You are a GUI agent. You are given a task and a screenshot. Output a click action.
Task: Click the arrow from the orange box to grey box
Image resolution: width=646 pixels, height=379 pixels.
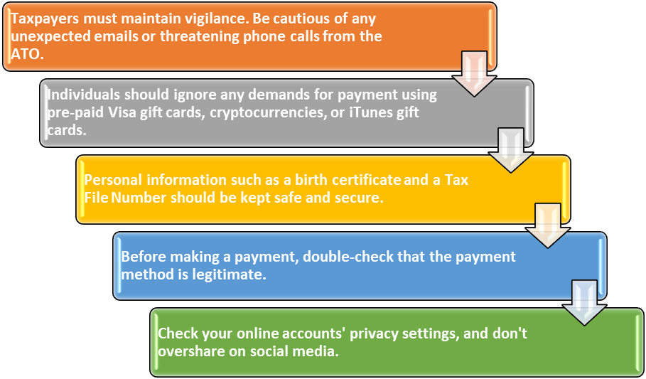click(474, 74)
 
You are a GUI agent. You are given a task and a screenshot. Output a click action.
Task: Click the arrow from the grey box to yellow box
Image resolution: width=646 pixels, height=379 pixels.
click(510, 150)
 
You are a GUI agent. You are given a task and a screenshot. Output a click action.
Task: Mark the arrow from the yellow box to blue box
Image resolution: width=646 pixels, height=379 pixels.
click(547, 225)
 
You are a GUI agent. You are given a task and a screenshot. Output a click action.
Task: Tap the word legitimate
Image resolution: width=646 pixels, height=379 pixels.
click(229, 274)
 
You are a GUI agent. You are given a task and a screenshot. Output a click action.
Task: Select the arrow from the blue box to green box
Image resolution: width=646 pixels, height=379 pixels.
click(585, 303)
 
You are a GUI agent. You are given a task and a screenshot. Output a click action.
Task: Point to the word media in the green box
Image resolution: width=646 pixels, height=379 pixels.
click(316, 351)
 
